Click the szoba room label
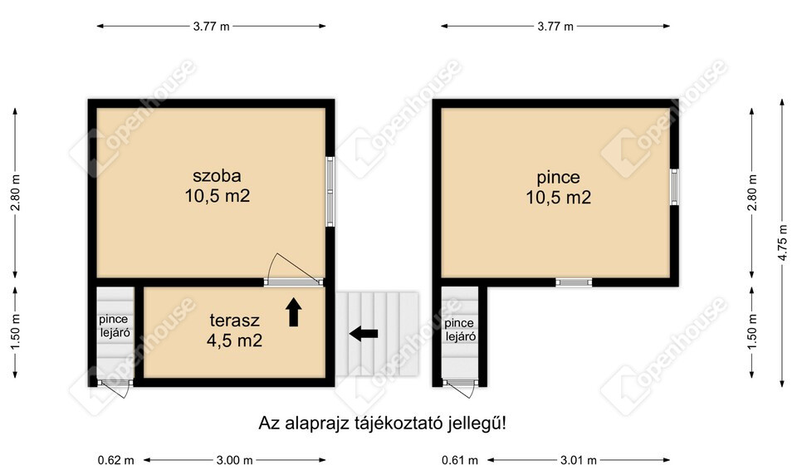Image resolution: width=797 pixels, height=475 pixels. click(217, 186)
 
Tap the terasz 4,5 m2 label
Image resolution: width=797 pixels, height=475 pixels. click(234, 330)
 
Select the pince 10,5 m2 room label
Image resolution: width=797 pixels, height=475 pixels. click(559, 187)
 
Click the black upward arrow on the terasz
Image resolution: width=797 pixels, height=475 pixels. click(294, 312)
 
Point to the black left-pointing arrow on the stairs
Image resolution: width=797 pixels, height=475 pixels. click(364, 334)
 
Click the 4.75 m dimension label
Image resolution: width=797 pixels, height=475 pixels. click(782, 242)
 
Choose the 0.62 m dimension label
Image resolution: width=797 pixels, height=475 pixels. click(116, 460)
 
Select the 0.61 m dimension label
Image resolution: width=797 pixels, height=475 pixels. click(460, 460)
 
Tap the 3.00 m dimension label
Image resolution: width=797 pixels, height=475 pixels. click(235, 460)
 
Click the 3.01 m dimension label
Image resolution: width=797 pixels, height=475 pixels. click(579, 460)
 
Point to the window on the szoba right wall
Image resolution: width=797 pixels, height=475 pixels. click(330, 191)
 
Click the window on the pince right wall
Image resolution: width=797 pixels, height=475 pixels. click(674, 187)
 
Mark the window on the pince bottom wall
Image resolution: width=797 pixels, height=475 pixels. click(574, 282)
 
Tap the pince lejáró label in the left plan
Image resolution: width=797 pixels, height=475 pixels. click(115, 326)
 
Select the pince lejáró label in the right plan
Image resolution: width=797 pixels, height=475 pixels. click(460, 330)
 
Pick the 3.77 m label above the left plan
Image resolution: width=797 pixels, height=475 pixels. click(212, 27)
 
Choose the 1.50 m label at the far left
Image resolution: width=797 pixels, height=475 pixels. click(15, 331)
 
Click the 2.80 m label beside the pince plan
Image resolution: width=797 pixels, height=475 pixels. click(753, 192)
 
